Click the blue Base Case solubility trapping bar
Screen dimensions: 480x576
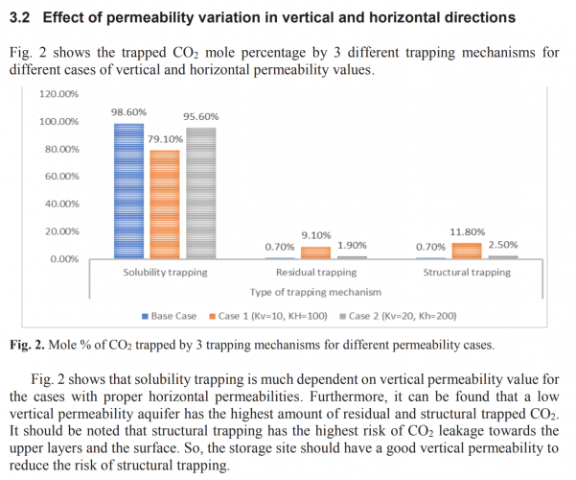128,192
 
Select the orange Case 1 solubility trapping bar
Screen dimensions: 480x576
165,204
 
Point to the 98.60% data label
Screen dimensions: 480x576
128,112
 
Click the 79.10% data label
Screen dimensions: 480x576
166,139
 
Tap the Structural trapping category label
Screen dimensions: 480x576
467,273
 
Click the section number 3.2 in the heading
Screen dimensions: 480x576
20,16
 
